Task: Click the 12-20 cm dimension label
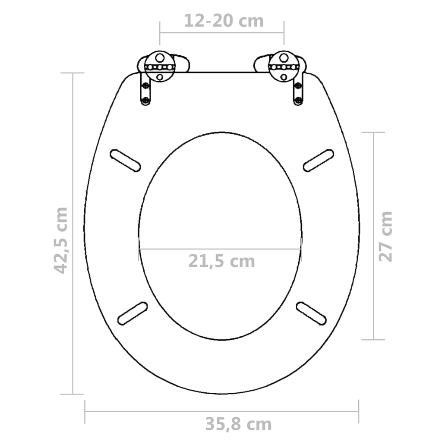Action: (x=224, y=21)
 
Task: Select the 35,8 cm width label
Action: (x=238, y=424)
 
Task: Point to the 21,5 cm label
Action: (x=221, y=261)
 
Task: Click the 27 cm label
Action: (x=385, y=236)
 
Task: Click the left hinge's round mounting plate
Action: (x=160, y=67)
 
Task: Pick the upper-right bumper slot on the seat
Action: (x=319, y=160)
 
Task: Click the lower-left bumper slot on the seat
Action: (x=133, y=313)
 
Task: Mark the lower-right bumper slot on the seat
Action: (x=311, y=313)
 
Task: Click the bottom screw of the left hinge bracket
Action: (x=145, y=101)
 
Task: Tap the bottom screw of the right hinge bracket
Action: (x=297, y=101)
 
